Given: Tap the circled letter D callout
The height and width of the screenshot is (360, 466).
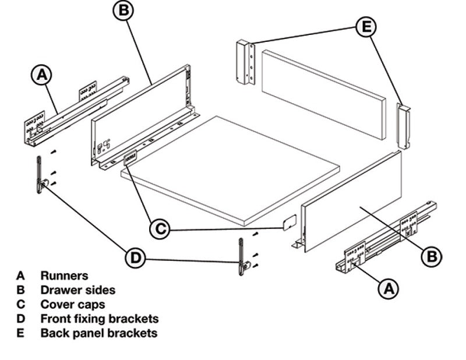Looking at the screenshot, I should pos(136,258).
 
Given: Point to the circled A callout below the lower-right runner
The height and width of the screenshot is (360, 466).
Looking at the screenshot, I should pos(389,288).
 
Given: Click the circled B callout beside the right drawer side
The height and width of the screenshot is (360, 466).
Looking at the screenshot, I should pos(432,256).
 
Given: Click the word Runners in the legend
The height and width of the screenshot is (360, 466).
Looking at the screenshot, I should pos(63,275).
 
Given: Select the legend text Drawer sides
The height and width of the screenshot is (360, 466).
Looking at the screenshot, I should pos(77,290).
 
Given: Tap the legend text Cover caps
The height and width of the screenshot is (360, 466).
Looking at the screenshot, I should pos(73,304).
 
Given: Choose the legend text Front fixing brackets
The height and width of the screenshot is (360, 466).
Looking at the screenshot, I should pos(99,319).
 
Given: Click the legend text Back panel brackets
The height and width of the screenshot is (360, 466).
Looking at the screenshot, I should pos(98,333).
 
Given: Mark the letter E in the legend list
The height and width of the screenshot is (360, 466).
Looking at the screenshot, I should pos(21,333).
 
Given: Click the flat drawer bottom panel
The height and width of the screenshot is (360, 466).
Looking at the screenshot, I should pos(230,169).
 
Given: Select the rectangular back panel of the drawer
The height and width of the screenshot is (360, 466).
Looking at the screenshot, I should pos(323,93).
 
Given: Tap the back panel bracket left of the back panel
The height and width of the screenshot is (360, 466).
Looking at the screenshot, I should pos(245,62).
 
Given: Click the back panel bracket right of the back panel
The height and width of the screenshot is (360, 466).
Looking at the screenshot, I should pos(403,125).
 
